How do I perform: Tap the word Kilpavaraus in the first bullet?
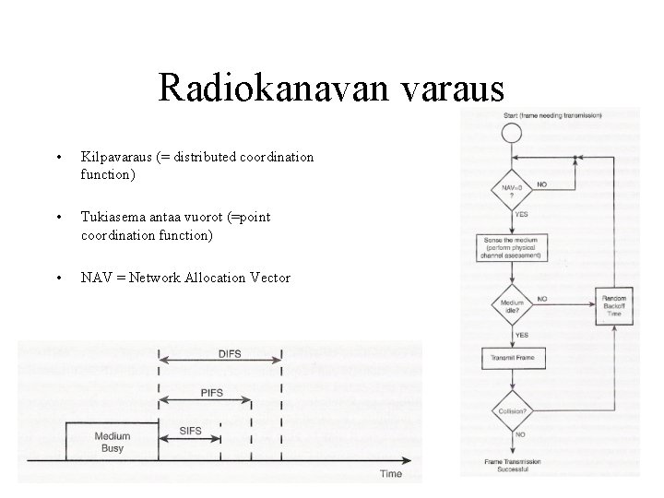pos(113,157)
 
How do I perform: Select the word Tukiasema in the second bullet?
pos(111,217)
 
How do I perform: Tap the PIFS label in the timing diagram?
pos(211,393)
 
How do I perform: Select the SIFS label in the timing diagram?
pos(190,432)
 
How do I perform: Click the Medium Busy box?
pos(113,442)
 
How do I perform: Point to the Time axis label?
pos(391,473)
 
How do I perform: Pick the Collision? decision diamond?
pos(512,412)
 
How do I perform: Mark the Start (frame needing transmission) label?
pos(552,114)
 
